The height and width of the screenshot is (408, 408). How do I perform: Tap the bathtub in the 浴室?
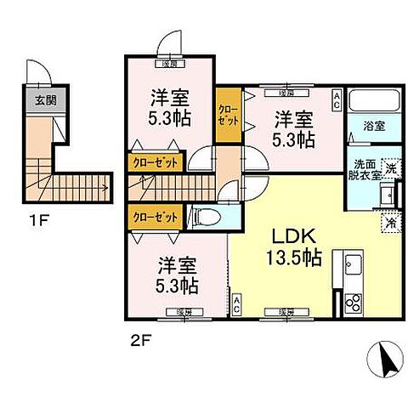pos(374,106)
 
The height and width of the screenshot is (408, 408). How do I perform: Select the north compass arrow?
pos(385,362)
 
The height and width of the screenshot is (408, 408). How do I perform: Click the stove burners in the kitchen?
pos(353,301)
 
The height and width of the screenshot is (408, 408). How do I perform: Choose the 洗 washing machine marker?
pos(389,168)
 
